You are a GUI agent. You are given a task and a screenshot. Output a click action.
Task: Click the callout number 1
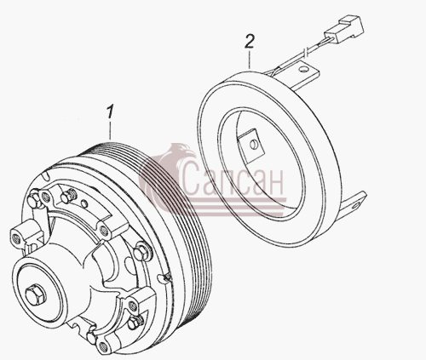coord(110,111)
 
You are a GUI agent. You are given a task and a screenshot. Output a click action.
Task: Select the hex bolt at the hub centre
coord(35,294)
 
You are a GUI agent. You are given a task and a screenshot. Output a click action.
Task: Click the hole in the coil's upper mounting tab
coord(304,68)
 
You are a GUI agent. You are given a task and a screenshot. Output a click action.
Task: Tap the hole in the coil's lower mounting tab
coord(356,204)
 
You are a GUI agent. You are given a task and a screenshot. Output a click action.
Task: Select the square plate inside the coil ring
coord(251,146)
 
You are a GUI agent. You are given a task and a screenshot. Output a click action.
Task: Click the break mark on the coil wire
coord(306,52)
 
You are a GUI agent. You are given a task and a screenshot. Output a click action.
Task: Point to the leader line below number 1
coord(110,129)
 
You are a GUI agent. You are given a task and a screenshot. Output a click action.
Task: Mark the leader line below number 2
coord(249,59)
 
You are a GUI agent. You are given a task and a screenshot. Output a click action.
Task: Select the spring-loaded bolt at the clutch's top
coord(68,196)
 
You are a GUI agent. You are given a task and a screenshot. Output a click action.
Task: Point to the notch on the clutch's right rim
coord(166,277)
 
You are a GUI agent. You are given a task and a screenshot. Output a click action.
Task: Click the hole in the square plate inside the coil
coord(251,145)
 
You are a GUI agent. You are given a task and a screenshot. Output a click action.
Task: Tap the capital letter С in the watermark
coord(192,179)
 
